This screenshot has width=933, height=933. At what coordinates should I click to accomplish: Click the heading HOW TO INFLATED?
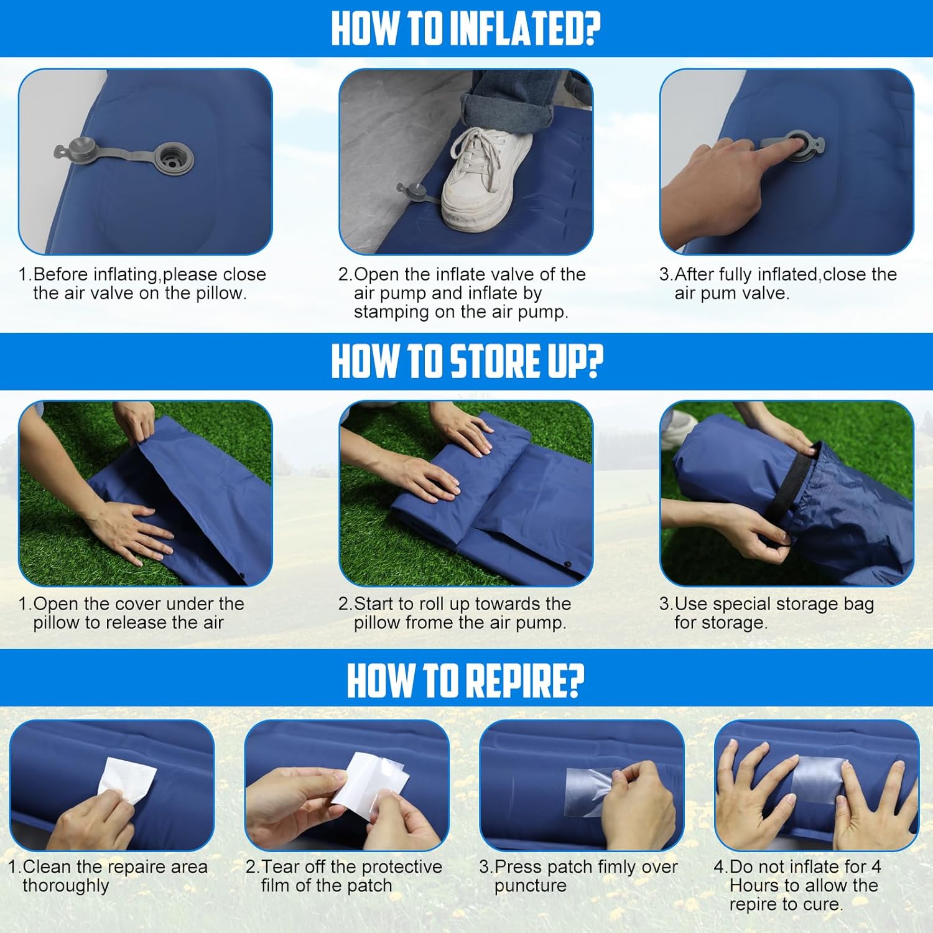pos(466,28)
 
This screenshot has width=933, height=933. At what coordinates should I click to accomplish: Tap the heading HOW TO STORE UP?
pos(467,361)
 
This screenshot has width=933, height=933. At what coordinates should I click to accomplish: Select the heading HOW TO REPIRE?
pos(466,680)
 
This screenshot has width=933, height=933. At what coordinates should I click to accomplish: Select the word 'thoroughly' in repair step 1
pos(66,886)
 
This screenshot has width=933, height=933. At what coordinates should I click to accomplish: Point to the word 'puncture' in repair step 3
pos(531,886)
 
